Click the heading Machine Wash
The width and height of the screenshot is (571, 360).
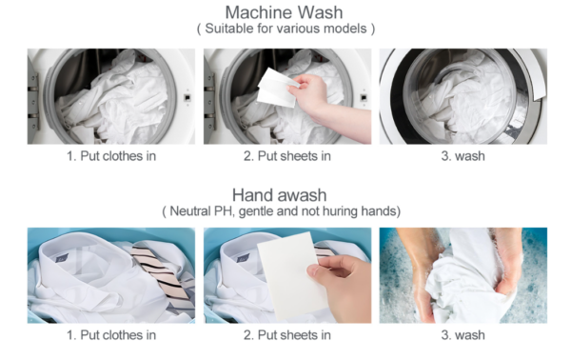tap(284, 12)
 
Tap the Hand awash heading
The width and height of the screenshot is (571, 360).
tap(279, 195)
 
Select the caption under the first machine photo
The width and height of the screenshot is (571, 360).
tap(111, 156)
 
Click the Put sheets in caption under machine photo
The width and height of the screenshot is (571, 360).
tap(287, 156)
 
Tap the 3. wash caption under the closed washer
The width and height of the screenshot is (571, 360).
tap(463, 156)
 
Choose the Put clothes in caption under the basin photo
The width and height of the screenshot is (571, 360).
tap(111, 335)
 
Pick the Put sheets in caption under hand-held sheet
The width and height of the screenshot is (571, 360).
tap(287, 335)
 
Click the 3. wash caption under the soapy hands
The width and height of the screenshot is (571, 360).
tap(463, 335)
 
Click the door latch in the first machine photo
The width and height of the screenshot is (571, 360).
tap(187, 98)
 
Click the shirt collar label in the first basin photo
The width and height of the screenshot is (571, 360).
tap(62, 259)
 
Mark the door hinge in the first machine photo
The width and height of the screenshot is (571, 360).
tap(32, 96)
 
